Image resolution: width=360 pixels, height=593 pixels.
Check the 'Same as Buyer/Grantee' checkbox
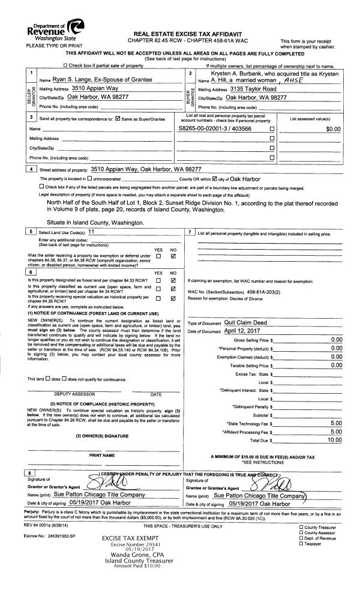point(118,120)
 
